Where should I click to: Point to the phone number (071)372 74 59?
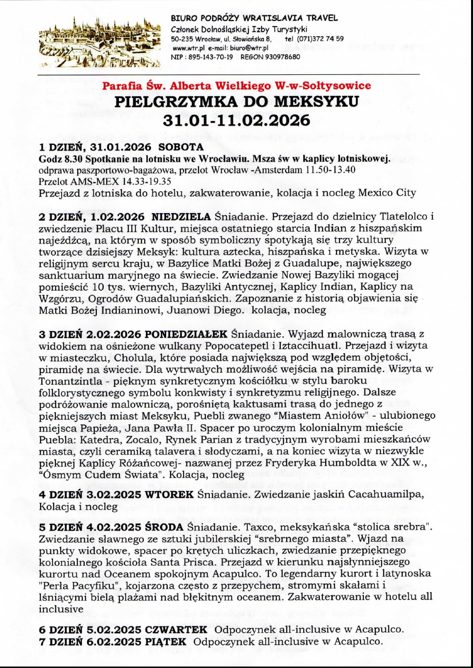[x=320, y=39]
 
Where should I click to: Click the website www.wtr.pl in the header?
[x=188, y=48]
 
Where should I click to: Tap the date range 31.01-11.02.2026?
[x=237, y=120]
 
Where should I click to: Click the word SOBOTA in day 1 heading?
[x=180, y=147]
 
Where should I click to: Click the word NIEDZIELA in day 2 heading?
[x=181, y=216]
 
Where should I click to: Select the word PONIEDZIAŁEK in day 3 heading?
[x=186, y=334]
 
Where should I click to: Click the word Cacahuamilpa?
[x=386, y=495]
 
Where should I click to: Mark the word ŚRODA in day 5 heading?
[x=164, y=527]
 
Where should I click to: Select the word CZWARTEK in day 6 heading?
[x=176, y=629]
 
